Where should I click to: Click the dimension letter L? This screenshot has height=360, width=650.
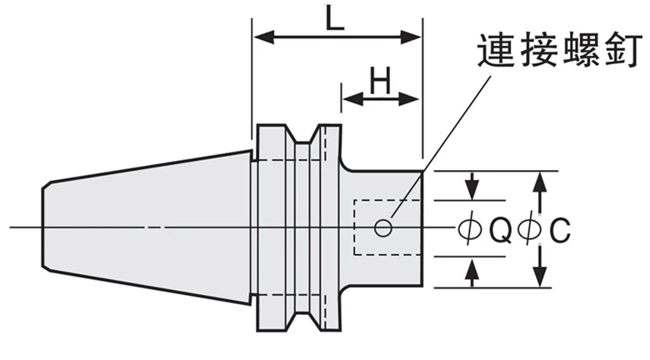[x=334, y=18]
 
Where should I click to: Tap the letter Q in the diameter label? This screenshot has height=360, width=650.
[x=500, y=229]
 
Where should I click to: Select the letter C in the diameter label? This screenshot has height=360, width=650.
[x=560, y=229]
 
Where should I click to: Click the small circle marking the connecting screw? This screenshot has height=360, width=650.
[x=383, y=227]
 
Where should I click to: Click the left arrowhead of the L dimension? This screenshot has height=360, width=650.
[x=264, y=37]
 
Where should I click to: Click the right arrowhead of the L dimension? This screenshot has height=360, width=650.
[x=410, y=37]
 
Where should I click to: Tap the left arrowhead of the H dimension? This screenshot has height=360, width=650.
[x=352, y=99]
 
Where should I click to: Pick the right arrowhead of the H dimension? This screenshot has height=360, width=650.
[x=408, y=99]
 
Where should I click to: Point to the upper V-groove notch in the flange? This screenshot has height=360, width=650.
[x=302, y=135]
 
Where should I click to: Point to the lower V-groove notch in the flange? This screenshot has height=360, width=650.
[x=302, y=322]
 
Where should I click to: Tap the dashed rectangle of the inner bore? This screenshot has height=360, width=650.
[x=353, y=227]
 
